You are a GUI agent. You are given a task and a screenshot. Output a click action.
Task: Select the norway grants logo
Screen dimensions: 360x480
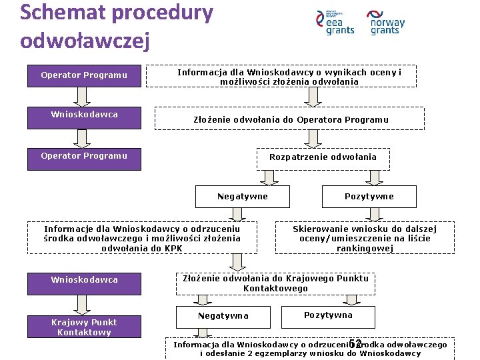pos(387,23)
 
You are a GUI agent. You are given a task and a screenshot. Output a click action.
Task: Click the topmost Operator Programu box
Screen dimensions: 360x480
pos(84,75)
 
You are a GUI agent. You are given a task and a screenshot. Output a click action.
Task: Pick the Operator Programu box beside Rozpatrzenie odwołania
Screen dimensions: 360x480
pos(84,156)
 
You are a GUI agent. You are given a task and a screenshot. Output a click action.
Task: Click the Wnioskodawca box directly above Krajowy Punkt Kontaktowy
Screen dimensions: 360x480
pos(84,280)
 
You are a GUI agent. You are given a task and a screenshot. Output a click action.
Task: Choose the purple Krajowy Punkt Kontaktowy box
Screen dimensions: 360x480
pos(84,327)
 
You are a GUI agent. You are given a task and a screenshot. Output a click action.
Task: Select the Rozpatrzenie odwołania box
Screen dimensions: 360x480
pos(323,157)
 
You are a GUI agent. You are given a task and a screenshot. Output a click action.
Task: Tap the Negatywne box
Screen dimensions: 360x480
pos(243,197)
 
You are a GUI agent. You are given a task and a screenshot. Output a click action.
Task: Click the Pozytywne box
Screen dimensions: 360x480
pos(369,197)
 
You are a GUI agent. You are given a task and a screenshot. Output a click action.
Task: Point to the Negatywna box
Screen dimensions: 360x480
pos(223,316)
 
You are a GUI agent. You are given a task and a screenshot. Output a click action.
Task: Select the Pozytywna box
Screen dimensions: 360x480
pos(328,315)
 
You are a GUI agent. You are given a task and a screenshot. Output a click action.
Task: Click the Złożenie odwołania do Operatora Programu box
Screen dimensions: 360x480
pos(291,120)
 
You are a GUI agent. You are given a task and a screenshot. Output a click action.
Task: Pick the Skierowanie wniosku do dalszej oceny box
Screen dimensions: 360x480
pos(361,239)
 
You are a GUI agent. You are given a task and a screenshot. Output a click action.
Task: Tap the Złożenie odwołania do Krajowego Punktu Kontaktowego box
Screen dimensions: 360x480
pos(275,284)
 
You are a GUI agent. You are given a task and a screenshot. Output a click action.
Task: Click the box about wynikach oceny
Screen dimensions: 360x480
pos(289,77)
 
